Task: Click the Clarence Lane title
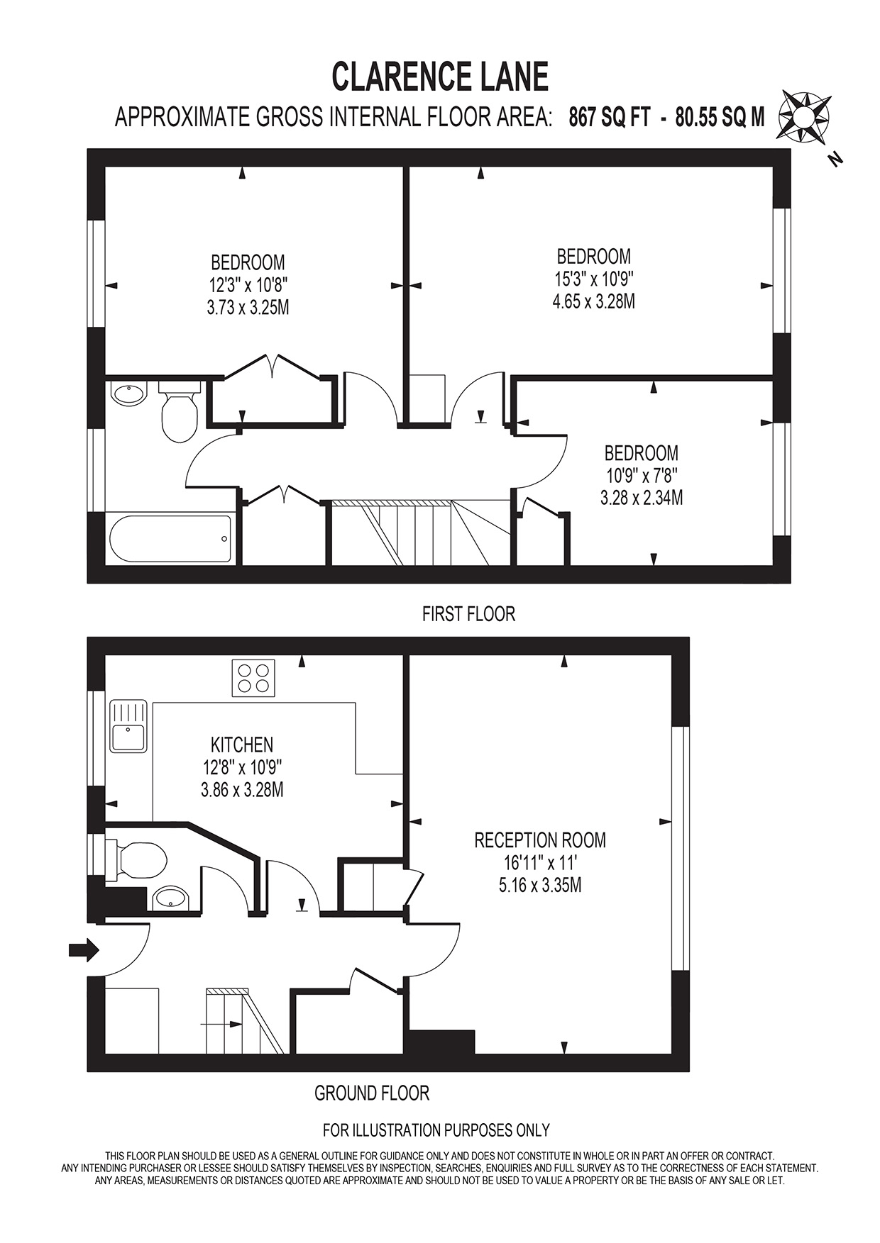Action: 440,77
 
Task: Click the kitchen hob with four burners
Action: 253,677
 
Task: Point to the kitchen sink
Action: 128,726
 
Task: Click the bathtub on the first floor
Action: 170,539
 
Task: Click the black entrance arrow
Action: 84,949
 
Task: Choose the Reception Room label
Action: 540,840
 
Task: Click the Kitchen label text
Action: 242,745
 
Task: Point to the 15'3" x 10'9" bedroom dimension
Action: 594,279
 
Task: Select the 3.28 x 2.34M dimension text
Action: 642,498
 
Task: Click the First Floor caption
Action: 468,614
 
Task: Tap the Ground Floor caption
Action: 372,1093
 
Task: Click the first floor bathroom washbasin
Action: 128,394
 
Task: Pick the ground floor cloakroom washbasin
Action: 171,898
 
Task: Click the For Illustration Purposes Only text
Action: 436,1130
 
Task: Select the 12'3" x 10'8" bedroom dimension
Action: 248,285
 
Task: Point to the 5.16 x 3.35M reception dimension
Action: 540,886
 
